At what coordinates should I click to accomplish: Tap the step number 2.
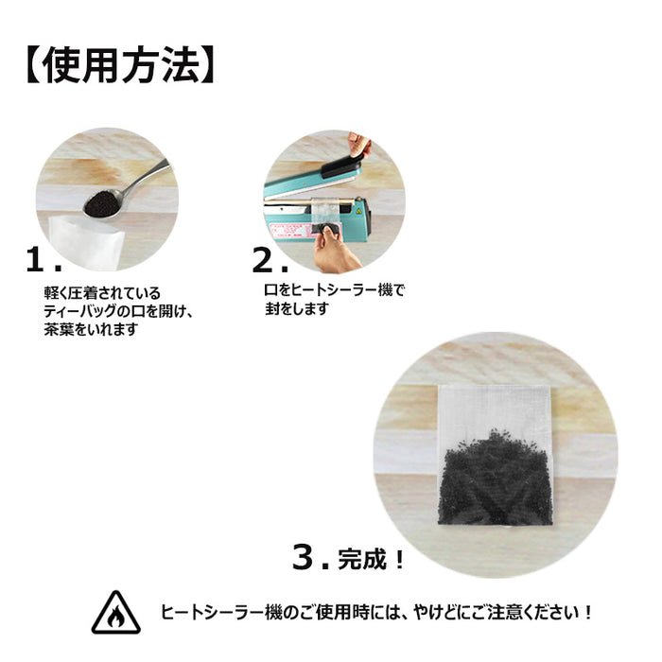coord(264,260)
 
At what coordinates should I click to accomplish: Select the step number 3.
coord(304,557)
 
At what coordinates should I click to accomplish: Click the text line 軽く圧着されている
coord(102,293)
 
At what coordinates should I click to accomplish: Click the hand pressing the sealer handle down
coord(359,144)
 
